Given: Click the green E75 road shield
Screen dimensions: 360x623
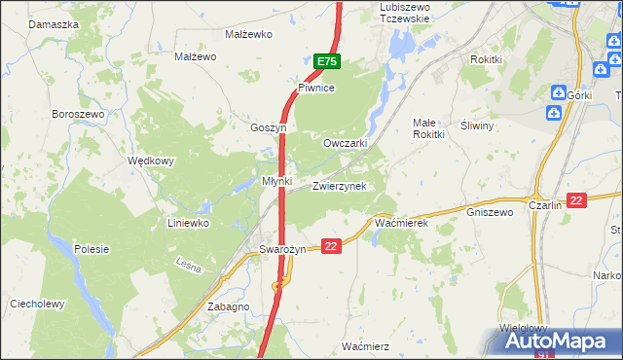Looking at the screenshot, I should (327, 61).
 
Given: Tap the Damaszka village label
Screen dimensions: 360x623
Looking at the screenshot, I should (54, 22).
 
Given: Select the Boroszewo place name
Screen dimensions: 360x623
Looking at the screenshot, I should (77, 114).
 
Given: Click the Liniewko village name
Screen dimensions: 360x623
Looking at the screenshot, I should (188, 223).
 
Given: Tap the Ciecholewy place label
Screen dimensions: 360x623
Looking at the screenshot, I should (37, 304).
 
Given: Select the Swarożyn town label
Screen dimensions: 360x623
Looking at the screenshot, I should (282, 249).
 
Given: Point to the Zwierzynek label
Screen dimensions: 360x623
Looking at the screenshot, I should (339, 186).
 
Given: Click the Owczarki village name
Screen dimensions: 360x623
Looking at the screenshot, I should (345, 143).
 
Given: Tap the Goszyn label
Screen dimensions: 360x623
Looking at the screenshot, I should (268, 127).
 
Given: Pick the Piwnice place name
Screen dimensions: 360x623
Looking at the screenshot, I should (316, 88).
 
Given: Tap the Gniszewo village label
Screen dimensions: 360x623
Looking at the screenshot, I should (490, 212).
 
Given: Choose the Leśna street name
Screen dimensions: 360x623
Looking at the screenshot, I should (188, 264).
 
